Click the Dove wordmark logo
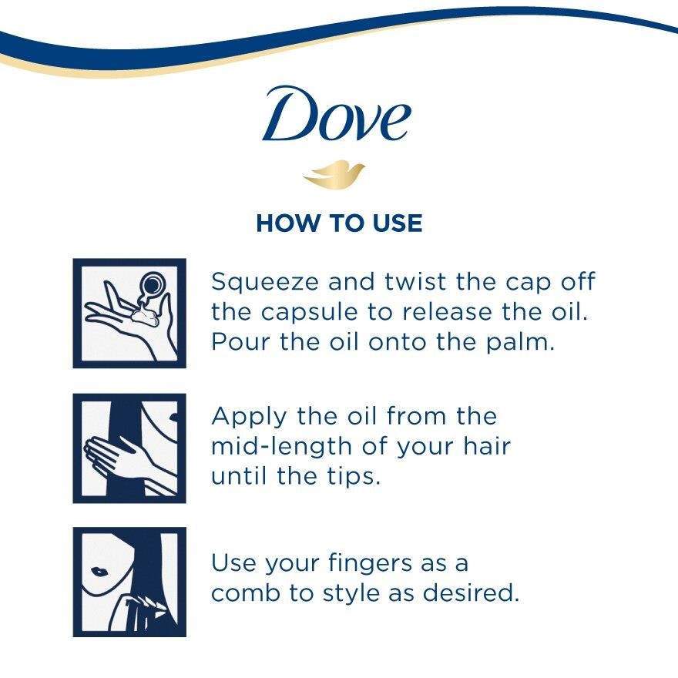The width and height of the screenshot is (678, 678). pyautogui.click(x=337, y=113)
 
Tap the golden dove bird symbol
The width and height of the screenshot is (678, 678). pyautogui.click(x=334, y=175)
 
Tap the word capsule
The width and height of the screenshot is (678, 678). pyautogui.click(x=309, y=313)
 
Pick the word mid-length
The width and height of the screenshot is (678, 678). pyautogui.click(x=281, y=447)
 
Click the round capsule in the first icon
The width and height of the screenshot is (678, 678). pyautogui.click(x=153, y=284)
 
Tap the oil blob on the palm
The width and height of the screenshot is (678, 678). pyautogui.click(x=145, y=315)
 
